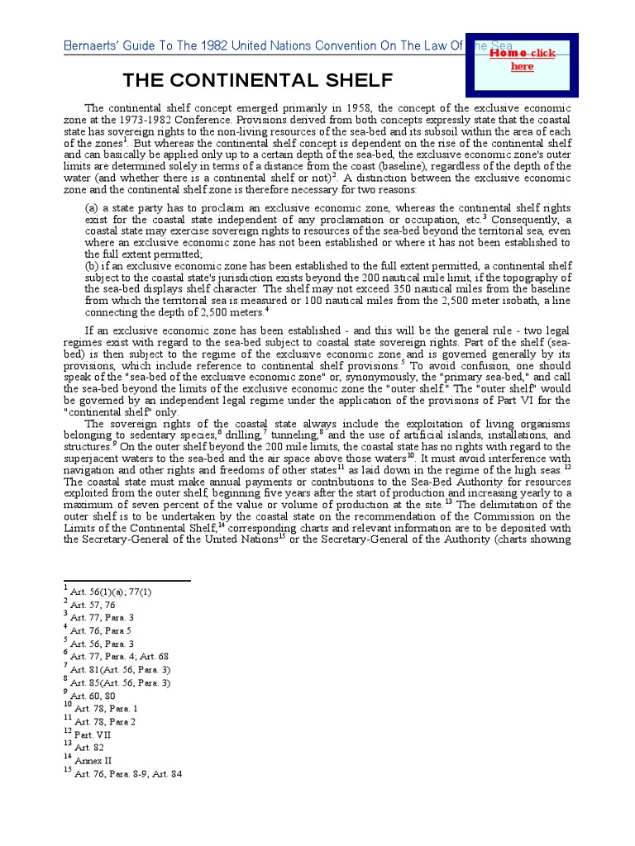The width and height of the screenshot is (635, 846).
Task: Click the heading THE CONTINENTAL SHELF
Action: (258, 81)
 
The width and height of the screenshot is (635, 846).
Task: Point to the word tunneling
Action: (294, 435)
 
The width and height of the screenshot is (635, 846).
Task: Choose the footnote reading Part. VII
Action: (93, 733)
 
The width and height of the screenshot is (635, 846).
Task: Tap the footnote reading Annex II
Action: (93, 760)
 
